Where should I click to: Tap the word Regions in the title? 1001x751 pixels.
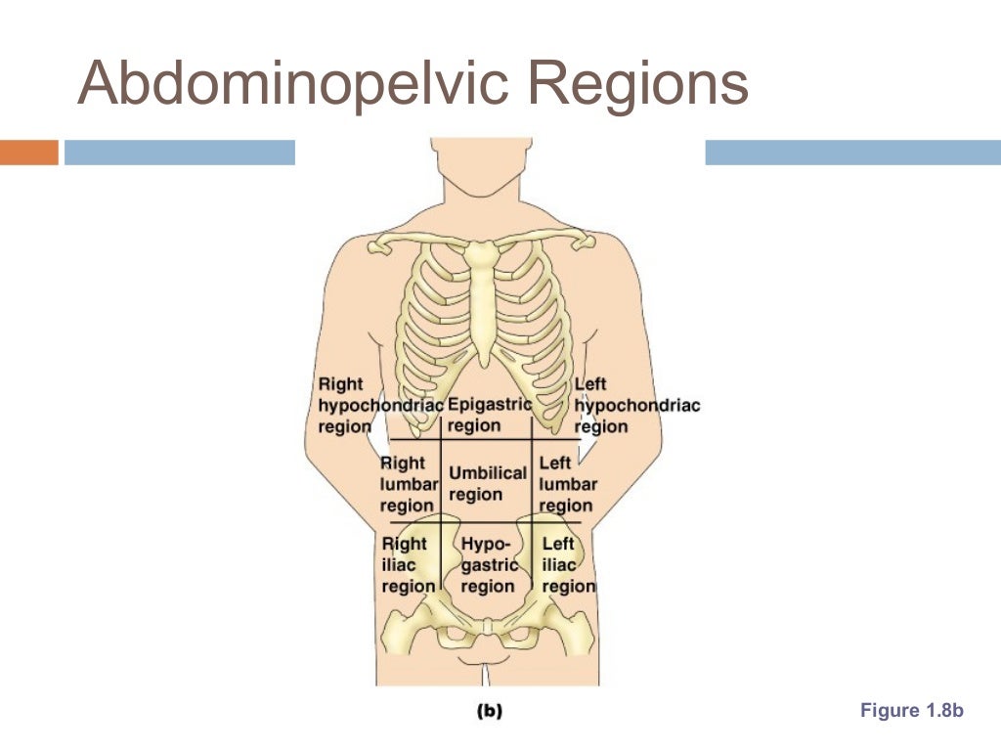[x=639, y=83]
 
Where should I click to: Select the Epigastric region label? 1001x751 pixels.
[x=488, y=415]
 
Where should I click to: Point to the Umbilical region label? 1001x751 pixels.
[x=487, y=483]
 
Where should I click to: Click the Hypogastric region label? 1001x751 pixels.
[x=488, y=564]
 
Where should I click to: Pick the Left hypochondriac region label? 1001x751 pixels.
[x=636, y=406]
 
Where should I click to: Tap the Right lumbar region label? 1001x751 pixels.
[x=406, y=483]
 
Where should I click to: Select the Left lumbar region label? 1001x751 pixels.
[x=567, y=483]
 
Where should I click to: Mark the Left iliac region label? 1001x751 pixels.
[x=568, y=564]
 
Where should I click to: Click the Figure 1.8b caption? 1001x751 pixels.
[x=911, y=711]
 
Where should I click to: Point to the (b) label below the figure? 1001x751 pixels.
[x=489, y=712]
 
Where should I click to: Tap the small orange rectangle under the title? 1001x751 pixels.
[x=29, y=153]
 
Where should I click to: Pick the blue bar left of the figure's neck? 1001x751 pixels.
[x=180, y=153]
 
